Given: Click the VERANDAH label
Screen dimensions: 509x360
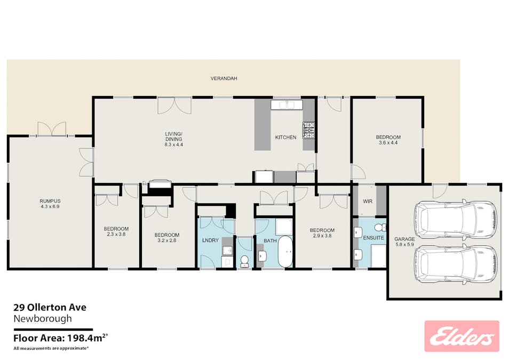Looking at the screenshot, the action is pyautogui.click(x=224, y=78).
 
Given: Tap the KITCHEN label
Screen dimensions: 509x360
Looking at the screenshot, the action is pyautogui.click(x=285, y=137).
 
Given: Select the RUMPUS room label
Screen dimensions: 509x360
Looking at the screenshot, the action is pyautogui.click(x=50, y=201).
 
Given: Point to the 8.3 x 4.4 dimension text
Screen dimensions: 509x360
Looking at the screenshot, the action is pyautogui.click(x=174, y=145).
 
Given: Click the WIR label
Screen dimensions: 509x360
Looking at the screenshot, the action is pyautogui.click(x=368, y=201).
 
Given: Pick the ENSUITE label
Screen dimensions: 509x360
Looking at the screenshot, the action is pyautogui.click(x=373, y=238).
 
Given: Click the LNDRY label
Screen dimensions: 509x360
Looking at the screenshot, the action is pyautogui.click(x=210, y=240).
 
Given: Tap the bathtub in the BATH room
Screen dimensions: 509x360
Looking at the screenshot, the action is pyautogui.click(x=285, y=252).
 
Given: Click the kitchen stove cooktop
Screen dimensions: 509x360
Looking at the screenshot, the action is pyautogui.click(x=309, y=130).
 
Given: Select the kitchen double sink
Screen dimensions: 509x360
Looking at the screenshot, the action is pyautogui.click(x=287, y=105).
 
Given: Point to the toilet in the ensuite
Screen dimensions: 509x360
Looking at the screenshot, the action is pyautogui.click(x=379, y=227).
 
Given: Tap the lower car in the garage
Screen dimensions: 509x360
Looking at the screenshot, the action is pyautogui.click(x=455, y=263).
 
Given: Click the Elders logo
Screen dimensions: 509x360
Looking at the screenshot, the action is pyautogui.click(x=462, y=336).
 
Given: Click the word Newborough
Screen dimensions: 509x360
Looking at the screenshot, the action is pyautogui.click(x=43, y=318).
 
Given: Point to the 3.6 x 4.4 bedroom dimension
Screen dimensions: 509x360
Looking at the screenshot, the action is pyautogui.click(x=388, y=142).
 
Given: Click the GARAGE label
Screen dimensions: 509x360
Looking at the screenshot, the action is pyautogui.click(x=404, y=239).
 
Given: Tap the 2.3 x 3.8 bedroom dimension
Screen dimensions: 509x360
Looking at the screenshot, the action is pyautogui.click(x=116, y=234).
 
